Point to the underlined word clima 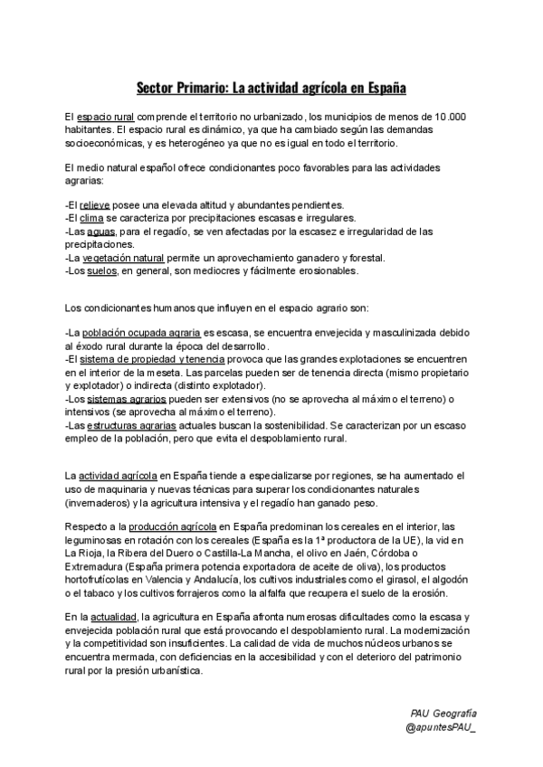[91, 219]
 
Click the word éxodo [81, 347]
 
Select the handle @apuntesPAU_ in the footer [441, 728]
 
